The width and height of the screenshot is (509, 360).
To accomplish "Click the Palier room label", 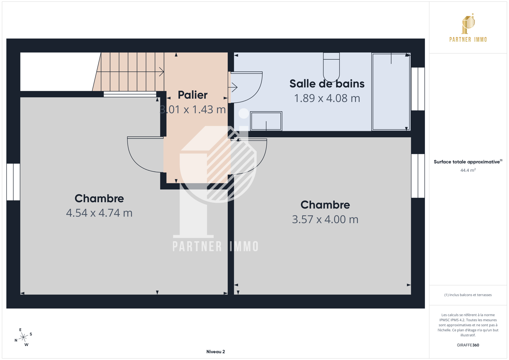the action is pos(192,95).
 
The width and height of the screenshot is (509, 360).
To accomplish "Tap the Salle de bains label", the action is pos(327,84).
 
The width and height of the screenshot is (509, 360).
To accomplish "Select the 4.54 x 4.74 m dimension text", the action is pos(99,213).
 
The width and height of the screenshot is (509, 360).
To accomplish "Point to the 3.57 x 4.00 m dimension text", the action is pos(325,219).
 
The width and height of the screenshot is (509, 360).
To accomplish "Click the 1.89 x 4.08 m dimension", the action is pos(327,98).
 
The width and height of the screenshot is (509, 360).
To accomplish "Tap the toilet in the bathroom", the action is pos(331,67).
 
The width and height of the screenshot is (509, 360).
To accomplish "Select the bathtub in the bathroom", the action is pos(391,91).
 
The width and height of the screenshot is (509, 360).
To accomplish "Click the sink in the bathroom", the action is pos(266,121).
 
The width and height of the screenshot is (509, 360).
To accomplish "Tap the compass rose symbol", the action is pos(23,337).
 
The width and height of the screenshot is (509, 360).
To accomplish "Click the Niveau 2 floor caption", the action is pos(215,352).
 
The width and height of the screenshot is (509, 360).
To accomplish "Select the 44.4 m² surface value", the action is pos(468,170).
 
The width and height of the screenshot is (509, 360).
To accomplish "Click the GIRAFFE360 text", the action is pos(468,345).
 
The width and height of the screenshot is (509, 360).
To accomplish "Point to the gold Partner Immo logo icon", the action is pos(468,24).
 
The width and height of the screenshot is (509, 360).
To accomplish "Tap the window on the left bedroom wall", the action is pos(13,182).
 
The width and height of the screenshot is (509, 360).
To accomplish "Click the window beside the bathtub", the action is pos(418,89).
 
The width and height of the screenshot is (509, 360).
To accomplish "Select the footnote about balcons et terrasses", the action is pos(468,295).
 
